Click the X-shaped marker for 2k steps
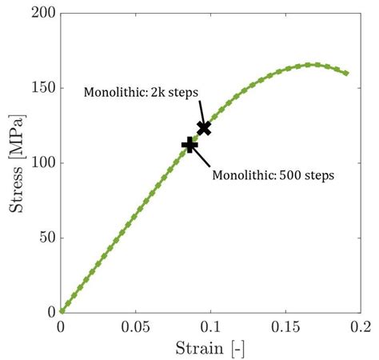[x=204, y=127]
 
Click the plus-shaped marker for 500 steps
[x=189, y=144]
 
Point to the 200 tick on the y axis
[x=42, y=14]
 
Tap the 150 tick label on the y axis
[x=42, y=88]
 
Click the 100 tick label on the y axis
[x=42, y=162]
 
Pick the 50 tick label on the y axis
[x=45, y=237]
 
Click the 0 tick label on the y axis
[x=50, y=311]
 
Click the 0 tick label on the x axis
[x=62, y=327]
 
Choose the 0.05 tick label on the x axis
[x=135, y=327]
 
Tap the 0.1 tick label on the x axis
[x=210, y=327]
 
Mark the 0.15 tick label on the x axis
[x=285, y=327]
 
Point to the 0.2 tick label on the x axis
[x=359, y=327]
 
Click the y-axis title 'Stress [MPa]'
[x=15, y=163]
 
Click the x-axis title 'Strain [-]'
[x=210, y=348]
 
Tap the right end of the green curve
[x=345, y=73]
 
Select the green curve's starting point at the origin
[x=62, y=311]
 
